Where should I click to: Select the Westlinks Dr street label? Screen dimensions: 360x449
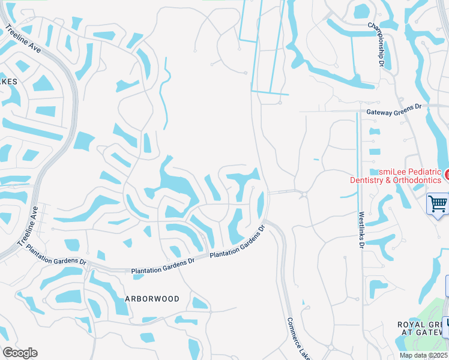pos(361,229)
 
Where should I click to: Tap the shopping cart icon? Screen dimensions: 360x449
pos(438,203)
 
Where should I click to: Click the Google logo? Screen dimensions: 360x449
pos(20,353)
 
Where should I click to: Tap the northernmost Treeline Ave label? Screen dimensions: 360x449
pos(24,39)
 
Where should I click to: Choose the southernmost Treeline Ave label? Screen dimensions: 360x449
pos(28,227)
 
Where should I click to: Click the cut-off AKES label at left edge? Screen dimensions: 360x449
pos(8,81)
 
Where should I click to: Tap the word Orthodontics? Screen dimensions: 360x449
pos(415,180)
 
